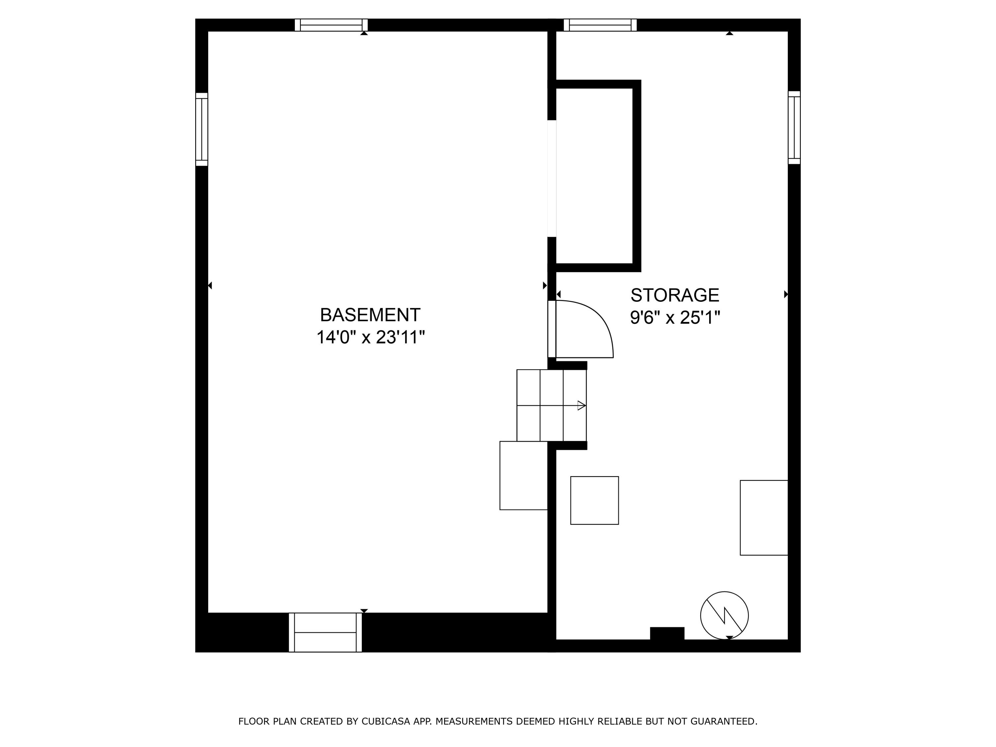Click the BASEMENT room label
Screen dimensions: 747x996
pyautogui.click(x=370, y=315)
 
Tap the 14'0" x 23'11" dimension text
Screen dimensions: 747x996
pyautogui.click(x=370, y=338)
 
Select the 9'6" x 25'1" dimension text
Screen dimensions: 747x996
pyautogui.click(x=675, y=318)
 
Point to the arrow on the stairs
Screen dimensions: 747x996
pyautogui.click(x=581, y=406)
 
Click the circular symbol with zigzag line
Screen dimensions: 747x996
pyautogui.click(x=724, y=616)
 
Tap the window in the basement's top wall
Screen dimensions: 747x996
pyautogui.click(x=331, y=25)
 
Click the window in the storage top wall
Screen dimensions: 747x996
pyautogui.click(x=600, y=25)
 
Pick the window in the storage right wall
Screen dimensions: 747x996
pyautogui.click(x=794, y=127)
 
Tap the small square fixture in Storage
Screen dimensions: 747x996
pyautogui.click(x=594, y=500)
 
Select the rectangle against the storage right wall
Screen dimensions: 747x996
pyautogui.click(x=764, y=518)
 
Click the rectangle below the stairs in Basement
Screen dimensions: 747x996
pyautogui.click(x=523, y=475)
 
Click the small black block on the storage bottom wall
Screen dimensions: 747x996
pyautogui.click(x=667, y=633)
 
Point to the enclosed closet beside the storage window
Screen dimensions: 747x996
pyautogui.click(x=594, y=176)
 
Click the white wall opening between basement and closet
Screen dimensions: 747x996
pyautogui.click(x=551, y=178)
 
